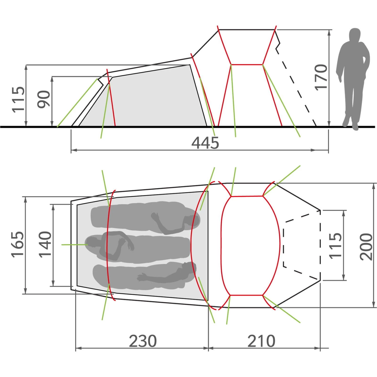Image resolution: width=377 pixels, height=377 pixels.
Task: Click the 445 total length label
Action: (x=205, y=143)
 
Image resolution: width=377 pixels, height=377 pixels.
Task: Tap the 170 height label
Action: (x=321, y=77)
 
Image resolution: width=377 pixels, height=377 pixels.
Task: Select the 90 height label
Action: (x=44, y=99)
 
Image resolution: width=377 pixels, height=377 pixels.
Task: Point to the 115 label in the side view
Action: (x=18, y=99)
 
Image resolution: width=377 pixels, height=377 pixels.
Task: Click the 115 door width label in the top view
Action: (x=335, y=245)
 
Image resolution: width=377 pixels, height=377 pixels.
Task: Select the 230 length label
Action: (x=143, y=341)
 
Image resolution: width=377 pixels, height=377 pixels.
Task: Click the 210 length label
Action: (x=261, y=341)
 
